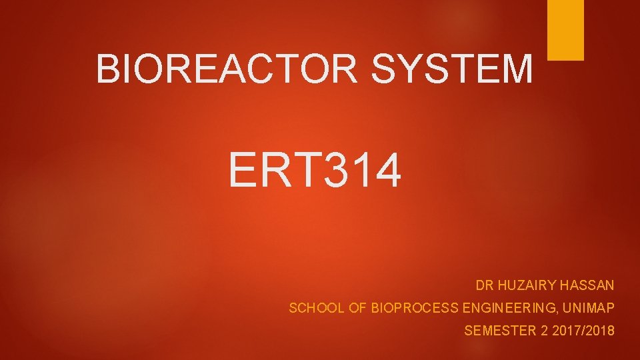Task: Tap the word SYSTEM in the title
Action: coord(453,69)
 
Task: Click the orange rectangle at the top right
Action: coord(565,29)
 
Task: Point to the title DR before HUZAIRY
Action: coord(484,285)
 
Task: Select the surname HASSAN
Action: coord(587,285)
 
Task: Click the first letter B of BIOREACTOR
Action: coord(107,69)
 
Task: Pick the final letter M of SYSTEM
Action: coord(518,69)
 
